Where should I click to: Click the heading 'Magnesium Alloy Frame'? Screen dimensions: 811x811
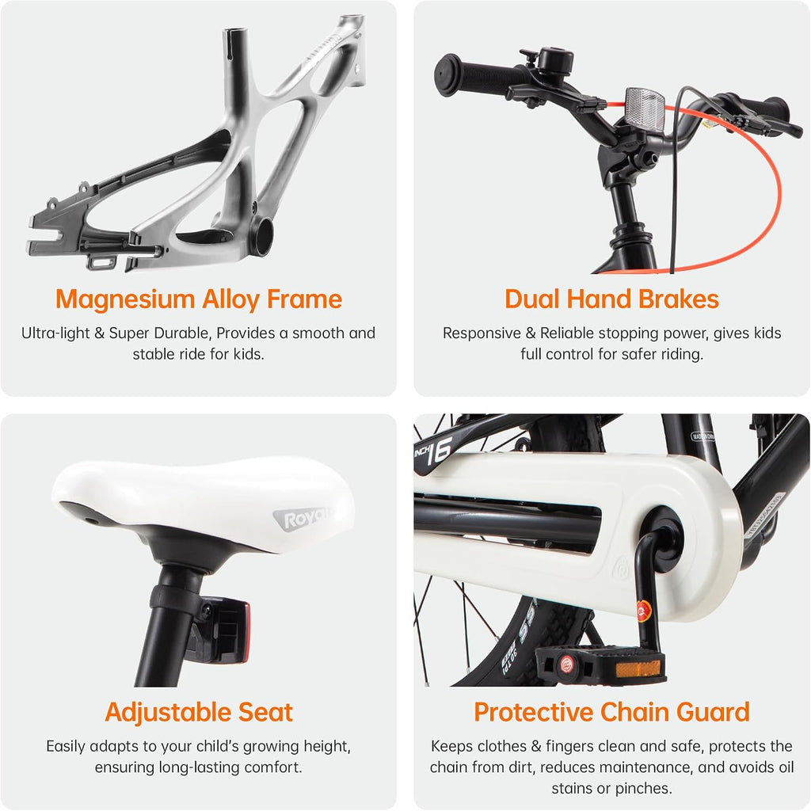(199, 300)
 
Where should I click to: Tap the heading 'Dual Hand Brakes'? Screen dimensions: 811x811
(612, 299)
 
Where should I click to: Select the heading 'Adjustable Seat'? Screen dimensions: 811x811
(199, 712)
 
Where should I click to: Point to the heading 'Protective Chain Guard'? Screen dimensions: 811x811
(612, 712)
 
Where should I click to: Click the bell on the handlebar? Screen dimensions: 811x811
(555, 61)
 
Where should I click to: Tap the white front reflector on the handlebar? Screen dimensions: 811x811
(645, 107)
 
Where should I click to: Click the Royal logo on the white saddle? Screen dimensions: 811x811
(303, 519)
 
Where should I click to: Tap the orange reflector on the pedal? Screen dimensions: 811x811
(638, 668)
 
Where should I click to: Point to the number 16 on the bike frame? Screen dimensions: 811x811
(440, 449)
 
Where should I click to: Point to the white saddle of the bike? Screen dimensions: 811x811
(200, 497)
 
